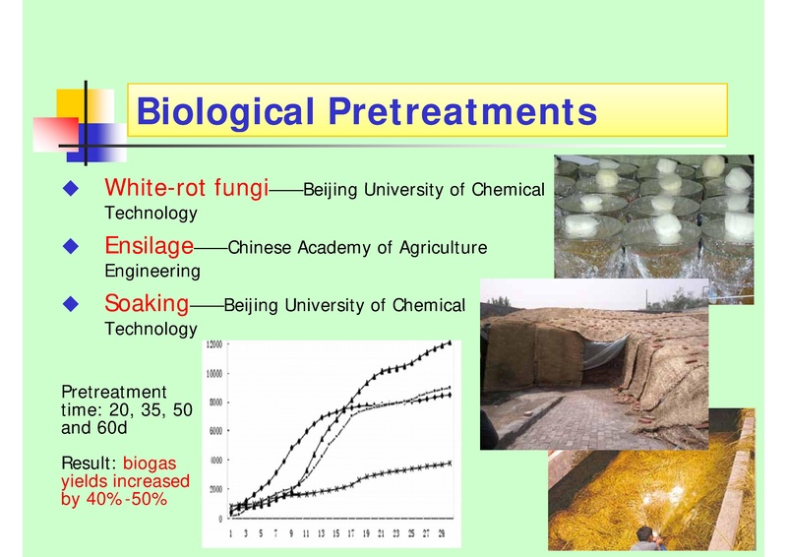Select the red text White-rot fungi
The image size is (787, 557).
(x=187, y=187)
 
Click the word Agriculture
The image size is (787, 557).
(x=440, y=248)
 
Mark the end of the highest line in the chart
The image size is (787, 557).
(x=451, y=342)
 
